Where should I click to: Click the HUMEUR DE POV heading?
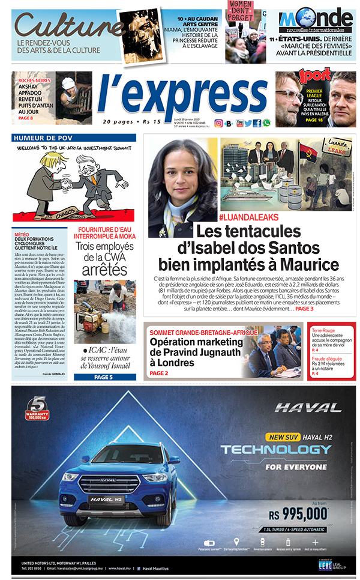(x=40, y=137)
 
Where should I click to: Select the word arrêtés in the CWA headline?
(x=104, y=269)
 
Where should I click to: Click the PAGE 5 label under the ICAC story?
(x=103, y=377)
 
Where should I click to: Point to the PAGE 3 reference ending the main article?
(x=304, y=309)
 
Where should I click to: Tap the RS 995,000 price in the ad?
(x=298, y=513)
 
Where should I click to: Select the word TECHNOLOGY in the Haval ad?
(x=275, y=450)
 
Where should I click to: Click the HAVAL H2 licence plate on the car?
(x=107, y=498)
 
